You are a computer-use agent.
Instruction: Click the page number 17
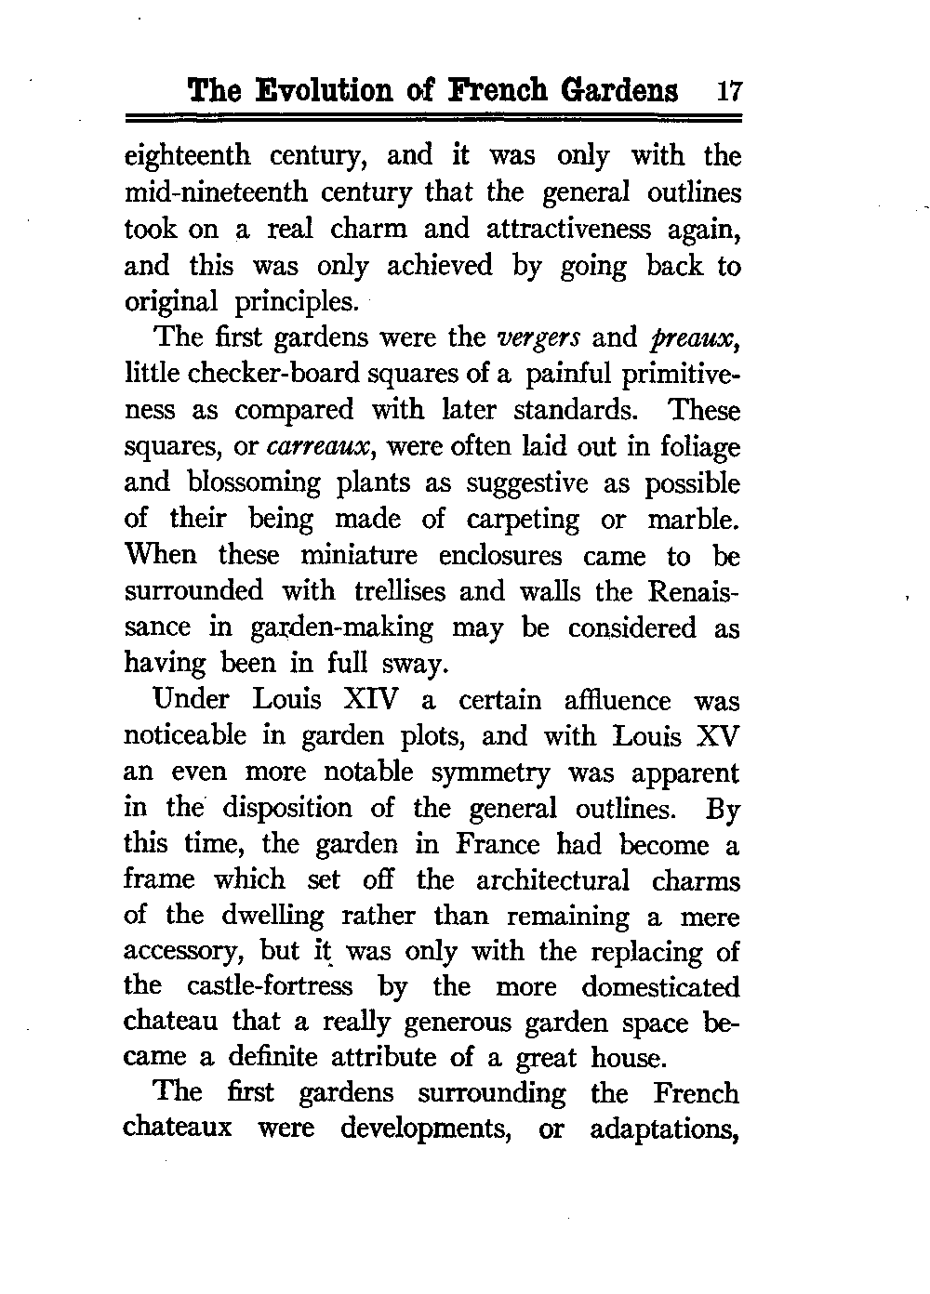tap(728, 91)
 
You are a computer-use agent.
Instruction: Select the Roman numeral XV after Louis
tap(716, 736)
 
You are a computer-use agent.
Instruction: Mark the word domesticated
tap(661, 986)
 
